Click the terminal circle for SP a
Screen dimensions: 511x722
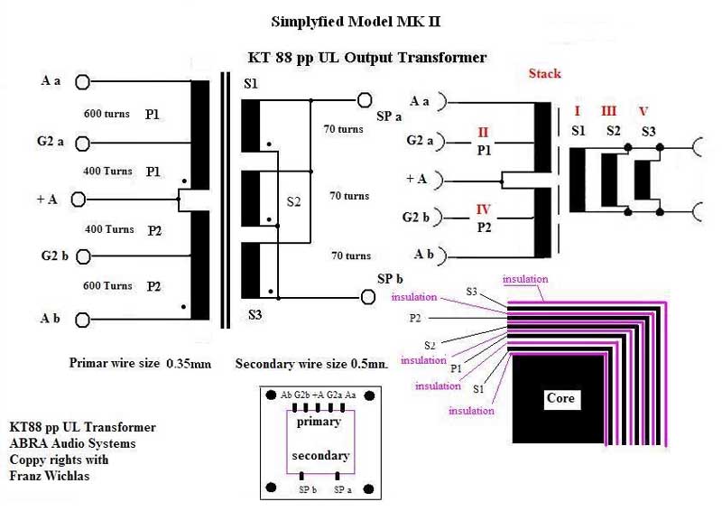coord(365,100)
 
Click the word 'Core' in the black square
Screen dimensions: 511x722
coord(560,397)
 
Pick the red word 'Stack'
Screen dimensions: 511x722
coord(544,73)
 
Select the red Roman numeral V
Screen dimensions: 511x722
coord(643,112)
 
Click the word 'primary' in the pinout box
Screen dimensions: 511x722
coord(320,422)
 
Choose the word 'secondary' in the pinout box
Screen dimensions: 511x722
coord(319,455)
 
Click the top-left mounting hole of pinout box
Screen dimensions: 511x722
coord(270,395)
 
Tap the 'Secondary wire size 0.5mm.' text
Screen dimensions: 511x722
coord(310,364)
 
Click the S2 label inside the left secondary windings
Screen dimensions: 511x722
coord(291,201)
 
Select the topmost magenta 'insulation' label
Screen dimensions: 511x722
coord(524,279)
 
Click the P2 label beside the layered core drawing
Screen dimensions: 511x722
coord(415,318)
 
